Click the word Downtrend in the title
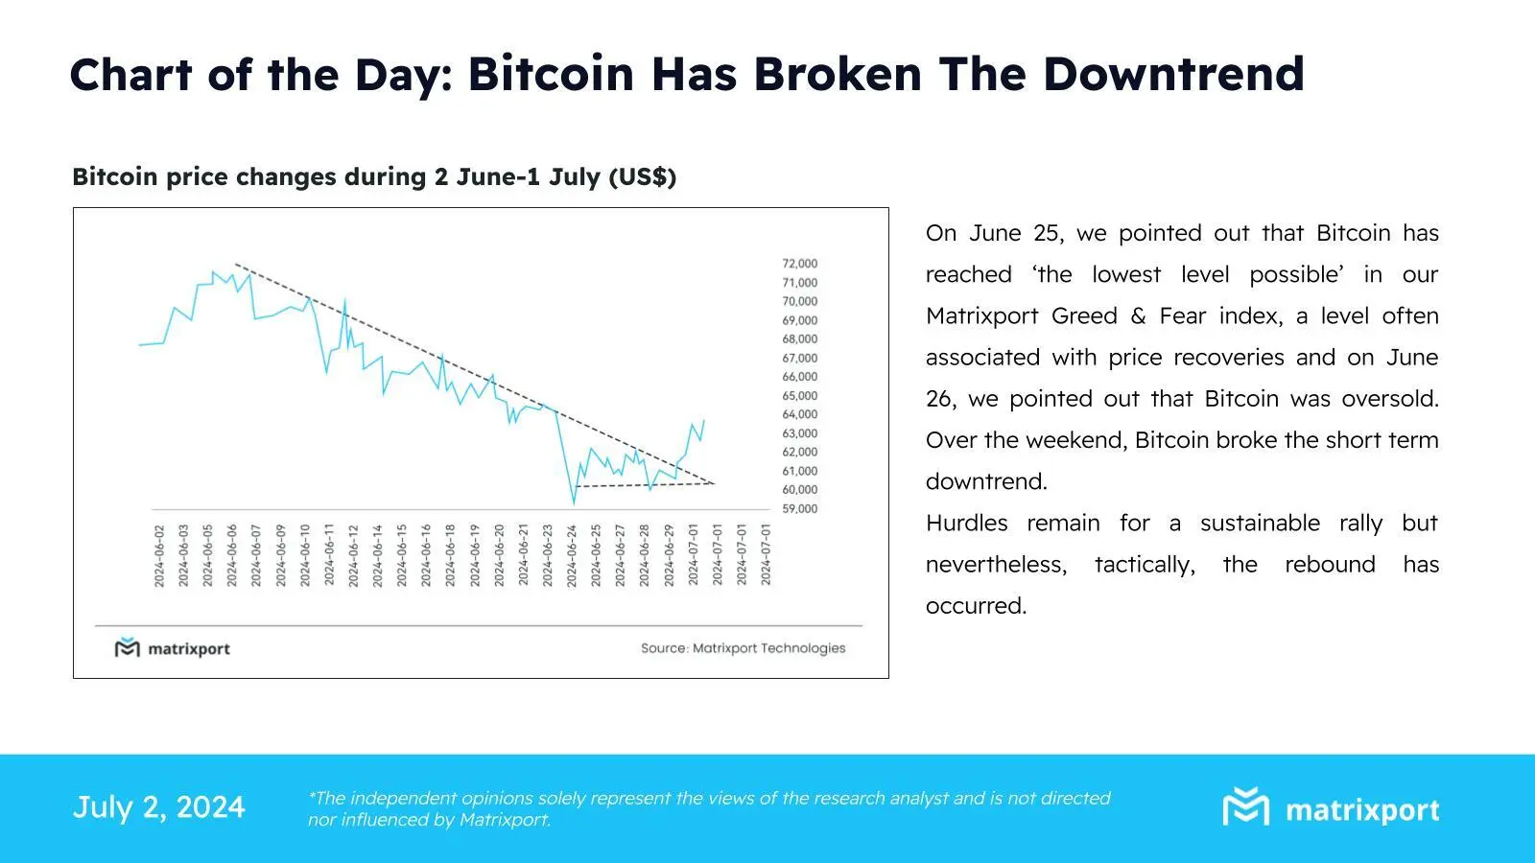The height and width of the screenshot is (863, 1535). tap(1172, 74)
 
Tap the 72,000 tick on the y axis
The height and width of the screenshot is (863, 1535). tap(799, 264)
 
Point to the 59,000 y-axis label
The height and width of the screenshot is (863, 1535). tap(799, 509)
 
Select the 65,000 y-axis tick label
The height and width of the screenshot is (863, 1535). tap(799, 396)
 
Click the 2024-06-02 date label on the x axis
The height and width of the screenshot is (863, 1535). tap(159, 555)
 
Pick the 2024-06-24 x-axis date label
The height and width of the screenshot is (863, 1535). tap(572, 555)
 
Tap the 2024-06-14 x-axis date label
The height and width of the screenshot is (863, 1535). tap(378, 555)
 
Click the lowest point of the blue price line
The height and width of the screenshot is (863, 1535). tap(574, 502)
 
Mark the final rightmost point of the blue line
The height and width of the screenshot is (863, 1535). tap(704, 420)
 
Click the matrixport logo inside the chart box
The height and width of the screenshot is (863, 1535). tap(173, 649)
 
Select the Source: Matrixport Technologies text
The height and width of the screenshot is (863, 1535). tap(743, 648)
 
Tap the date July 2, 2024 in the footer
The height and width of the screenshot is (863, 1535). tap(159, 807)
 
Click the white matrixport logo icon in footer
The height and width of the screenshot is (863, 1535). tap(1245, 806)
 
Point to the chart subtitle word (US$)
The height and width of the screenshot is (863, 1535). tap(642, 177)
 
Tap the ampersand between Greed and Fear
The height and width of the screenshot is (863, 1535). tap(1138, 316)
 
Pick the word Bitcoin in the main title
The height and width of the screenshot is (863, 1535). tap(551, 74)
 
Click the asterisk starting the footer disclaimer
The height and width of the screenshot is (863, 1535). tap(312, 795)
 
